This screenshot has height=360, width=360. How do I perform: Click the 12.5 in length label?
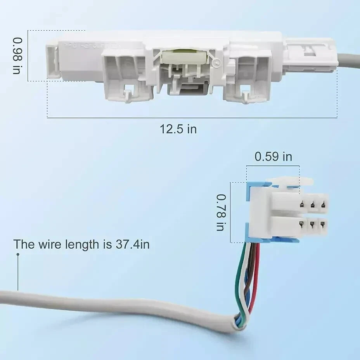[x=178, y=129]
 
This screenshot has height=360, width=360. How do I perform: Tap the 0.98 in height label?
[x=18, y=56]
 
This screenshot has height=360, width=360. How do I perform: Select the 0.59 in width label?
[x=273, y=157]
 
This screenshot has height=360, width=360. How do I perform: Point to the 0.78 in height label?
[x=220, y=213]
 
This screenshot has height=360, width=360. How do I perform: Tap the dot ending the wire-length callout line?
[x=18, y=254]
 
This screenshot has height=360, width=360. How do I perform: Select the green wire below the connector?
[x=240, y=279]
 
